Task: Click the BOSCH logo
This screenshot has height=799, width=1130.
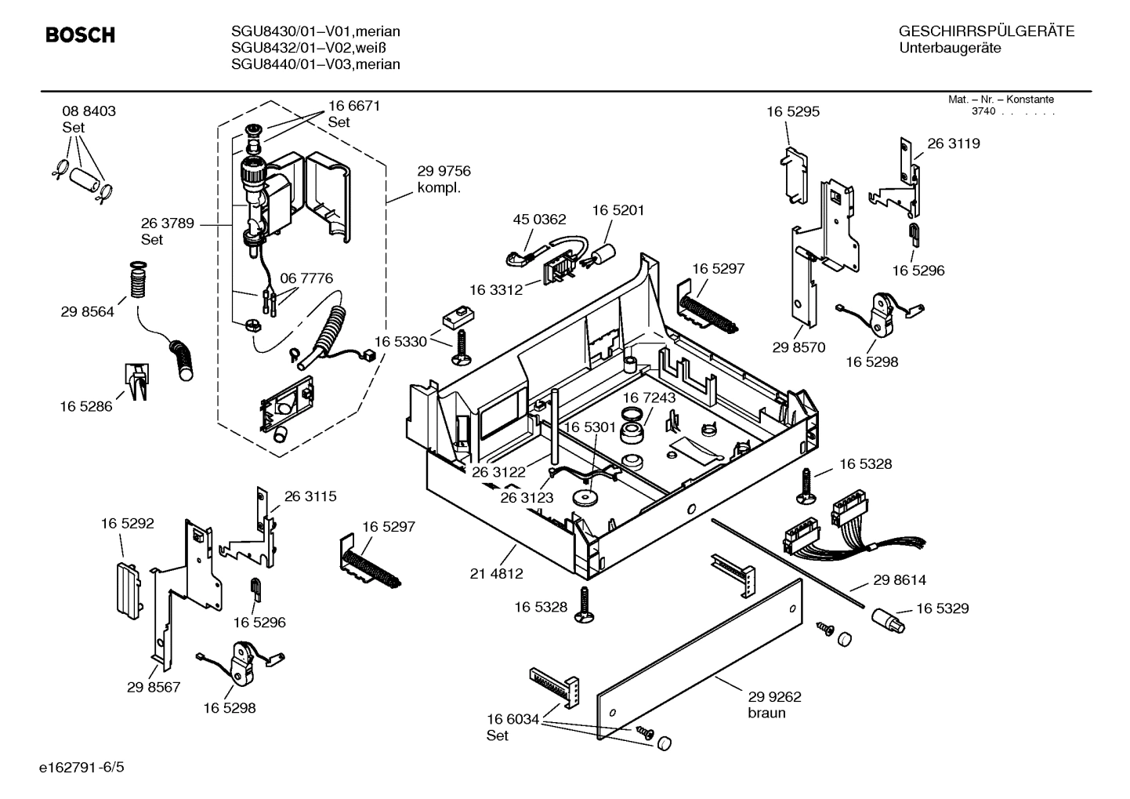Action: pyautogui.click(x=80, y=35)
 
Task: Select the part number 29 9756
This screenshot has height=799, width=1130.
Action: pyautogui.click(x=444, y=171)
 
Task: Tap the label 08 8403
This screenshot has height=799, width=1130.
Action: pyautogui.click(x=89, y=111)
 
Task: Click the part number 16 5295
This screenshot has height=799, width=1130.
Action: pyautogui.click(x=792, y=112)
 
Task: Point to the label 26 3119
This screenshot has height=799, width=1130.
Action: pyautogui.click(x=953, y=143)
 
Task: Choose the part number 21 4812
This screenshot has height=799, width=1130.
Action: pyautogui.click(x=496, y=573)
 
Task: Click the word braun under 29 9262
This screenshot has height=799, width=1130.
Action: pyautogui.click(x=766, y=714)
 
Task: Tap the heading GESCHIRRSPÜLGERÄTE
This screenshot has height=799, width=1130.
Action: pyautogui.click(x=986, y=31)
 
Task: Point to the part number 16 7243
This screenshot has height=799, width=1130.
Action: pyautogui.click(x=649, y=398)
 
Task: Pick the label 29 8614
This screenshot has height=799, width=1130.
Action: pyautogui.click(x=899, y=580)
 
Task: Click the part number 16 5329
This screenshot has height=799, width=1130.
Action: pyautogui.click(x=942, y=608)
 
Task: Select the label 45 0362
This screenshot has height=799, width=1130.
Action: pyautogui.click(x=539, y=220)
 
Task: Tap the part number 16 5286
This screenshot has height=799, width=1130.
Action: pyautogui.click(x=86, y=406)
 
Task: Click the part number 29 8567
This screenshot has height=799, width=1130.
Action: pyautogui.click(x=154, y=687)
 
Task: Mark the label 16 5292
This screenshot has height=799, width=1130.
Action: pyautogui.click(x=127, y=523)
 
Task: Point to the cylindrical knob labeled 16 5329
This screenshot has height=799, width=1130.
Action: pyautogui.click(x=887, y=621)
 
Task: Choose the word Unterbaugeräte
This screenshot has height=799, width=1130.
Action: pyautogui.click(x=950, y=48)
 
